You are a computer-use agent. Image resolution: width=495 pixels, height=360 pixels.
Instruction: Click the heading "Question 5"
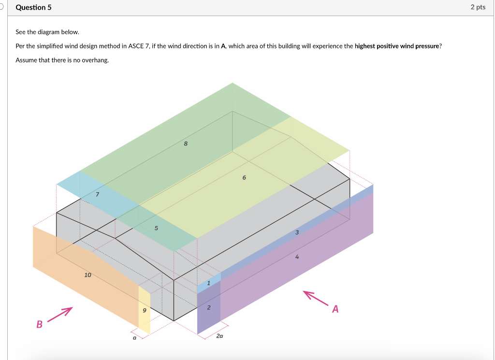(33, 8)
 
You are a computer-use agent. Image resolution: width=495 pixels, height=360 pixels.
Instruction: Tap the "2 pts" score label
(478, 7)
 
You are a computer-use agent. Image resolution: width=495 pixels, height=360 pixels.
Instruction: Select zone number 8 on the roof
(186, 144)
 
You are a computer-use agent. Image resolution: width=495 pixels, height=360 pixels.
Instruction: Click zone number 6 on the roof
(244, 178)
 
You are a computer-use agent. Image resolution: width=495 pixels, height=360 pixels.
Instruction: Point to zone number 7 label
(97, 194)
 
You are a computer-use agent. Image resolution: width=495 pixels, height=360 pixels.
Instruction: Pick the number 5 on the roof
(156, 228)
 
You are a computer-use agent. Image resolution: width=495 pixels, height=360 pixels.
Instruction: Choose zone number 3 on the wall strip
(297, 232)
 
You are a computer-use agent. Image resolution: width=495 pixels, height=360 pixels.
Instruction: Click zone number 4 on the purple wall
(297, 257)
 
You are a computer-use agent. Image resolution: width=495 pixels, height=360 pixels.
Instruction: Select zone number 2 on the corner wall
(209, 307)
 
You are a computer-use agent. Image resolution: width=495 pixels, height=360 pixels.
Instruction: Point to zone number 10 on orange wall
(87, 275)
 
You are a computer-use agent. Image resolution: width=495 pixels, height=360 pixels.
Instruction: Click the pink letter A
(335, 309)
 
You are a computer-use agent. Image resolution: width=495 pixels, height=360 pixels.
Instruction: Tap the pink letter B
(39, 324)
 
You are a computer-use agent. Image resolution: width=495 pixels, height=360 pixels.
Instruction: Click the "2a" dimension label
(219, 335)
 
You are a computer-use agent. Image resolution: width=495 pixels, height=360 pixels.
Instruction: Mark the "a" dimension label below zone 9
(134, 339)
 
